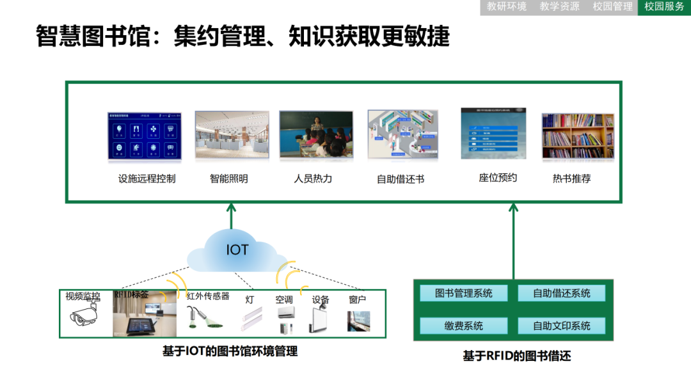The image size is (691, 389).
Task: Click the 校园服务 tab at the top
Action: coord(664,7)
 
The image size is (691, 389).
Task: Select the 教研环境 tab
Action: coord(507,7)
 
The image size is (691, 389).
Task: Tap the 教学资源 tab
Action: coord(559,7)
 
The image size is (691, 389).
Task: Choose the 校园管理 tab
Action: coord(612,7)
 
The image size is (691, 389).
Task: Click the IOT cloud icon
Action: coord(237,250)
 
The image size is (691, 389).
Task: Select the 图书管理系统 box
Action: coord(464,294)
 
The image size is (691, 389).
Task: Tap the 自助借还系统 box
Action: coord(562,294)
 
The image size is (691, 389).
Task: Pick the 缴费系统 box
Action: coord(464,326)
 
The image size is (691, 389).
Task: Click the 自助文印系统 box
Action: coord(562,326)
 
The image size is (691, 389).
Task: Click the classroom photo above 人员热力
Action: coord(316,134)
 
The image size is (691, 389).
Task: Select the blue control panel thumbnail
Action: coord(144,136)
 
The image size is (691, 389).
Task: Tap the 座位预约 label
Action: coord(498,178)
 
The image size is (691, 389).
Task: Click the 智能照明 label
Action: coord(229,179)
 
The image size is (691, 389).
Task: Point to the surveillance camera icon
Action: coord(87,315)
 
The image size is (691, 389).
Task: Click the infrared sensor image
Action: coord(203,317)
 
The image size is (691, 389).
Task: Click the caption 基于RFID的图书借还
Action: coord(517,356)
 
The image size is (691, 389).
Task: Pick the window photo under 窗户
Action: coord(358,321)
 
